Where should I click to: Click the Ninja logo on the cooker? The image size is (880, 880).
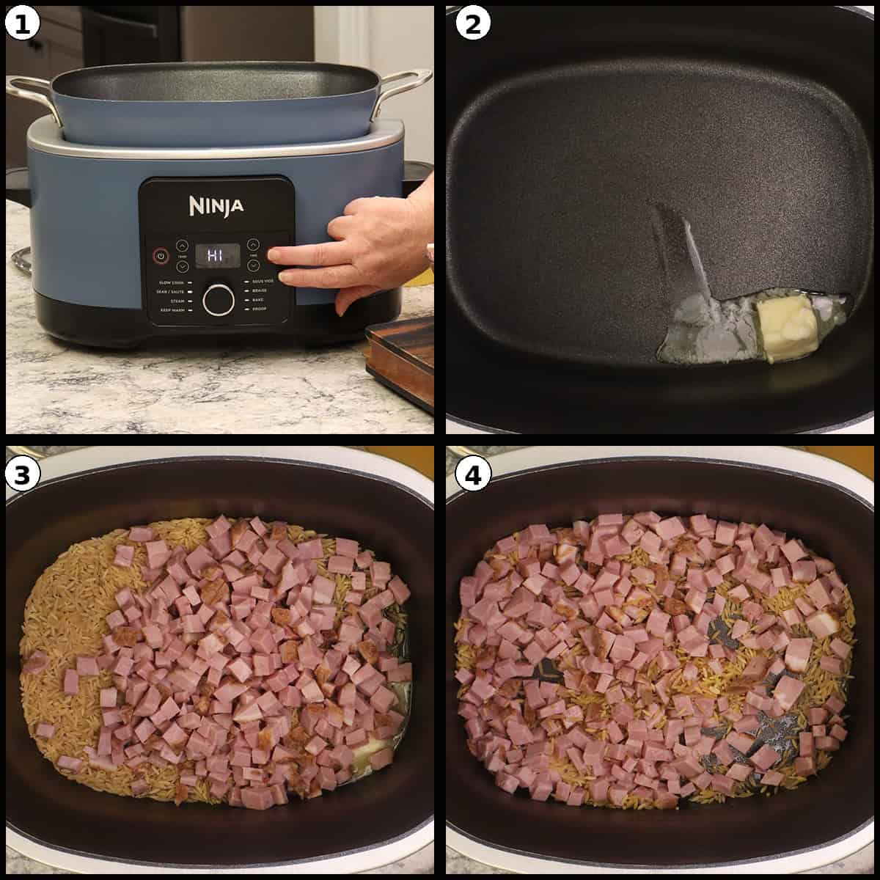(x=216, y=206)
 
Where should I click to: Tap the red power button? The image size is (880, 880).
(x=160, y=256)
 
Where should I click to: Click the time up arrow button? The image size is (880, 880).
(x=254, y=244)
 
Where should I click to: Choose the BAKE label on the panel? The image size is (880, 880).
(x=259, y=301)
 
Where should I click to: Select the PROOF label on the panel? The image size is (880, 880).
(x=260, y=310)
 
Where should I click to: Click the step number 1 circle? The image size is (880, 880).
(x=22, y=23)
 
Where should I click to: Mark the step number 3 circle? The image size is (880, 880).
(x=22, y=475)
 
